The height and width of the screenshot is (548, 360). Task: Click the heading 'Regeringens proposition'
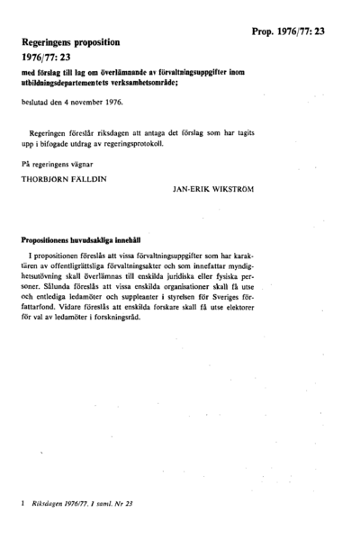coord(81,41)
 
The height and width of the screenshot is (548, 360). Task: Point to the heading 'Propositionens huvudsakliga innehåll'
coord(80,239)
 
